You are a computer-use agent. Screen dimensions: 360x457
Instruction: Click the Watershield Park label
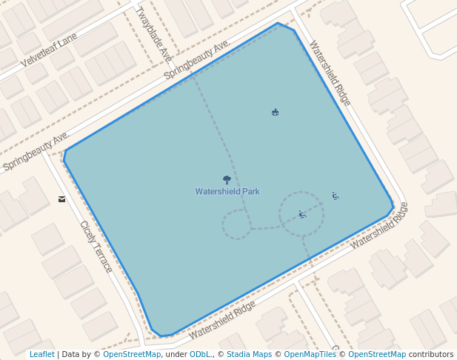pos(227,191)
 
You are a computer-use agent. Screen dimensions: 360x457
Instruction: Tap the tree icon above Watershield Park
pos(227,179)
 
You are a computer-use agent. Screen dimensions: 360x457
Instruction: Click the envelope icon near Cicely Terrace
pos(61,199)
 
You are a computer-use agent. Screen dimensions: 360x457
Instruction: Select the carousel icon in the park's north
pos(276,112)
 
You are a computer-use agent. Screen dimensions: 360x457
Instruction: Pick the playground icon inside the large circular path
pos(302,215)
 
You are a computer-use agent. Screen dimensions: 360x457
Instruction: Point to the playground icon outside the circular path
pos(336,196)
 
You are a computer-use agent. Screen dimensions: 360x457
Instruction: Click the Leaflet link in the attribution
pos(42,355)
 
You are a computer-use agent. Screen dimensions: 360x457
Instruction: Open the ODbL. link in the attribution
pos(200,355)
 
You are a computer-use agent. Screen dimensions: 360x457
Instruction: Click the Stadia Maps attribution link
pos(249,355)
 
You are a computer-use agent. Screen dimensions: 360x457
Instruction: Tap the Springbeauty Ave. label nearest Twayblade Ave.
pos(197,59)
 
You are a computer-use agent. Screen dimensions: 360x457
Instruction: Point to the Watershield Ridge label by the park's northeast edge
pos(330,73)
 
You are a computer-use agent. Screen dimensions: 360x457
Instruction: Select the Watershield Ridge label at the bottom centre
pos(222,320)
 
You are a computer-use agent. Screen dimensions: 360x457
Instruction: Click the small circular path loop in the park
pos(237,224)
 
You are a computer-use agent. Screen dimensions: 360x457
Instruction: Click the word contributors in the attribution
pos(431,355)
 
